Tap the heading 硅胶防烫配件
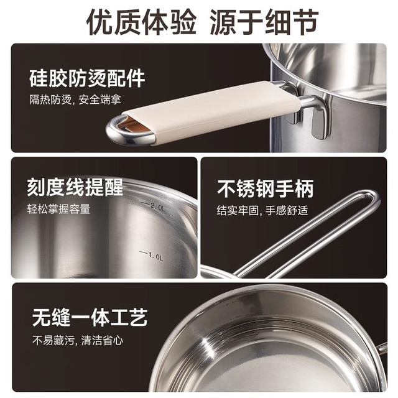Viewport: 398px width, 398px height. pyautogui.click(x=87, y=78)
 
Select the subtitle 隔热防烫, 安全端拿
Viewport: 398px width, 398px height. pyautogui.click(x=75, y=99)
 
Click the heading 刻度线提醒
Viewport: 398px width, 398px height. pyautogui.click(x=75, y=188)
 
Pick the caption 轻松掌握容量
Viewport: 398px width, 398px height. pyautogui.click(x=58, y=209)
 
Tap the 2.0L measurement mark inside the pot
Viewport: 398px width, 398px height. pyautogui.click(x=155, y=206)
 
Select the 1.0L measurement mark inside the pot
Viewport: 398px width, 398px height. pyautogui.click(x=151, y=256)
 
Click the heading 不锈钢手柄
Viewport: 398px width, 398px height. pyautogui.click(x=266, y=188)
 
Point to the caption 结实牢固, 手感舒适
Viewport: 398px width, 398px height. pyautogui.click(x=262, y=210)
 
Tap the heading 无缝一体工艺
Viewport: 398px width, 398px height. pyautogui.click(x=90, y=317)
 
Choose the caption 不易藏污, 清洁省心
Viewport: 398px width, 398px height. pyautogui.click(x=78, y=340)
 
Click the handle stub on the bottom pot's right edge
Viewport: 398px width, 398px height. pyautogui.click(x=382, y=347)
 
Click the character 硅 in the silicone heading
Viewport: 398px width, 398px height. pyautogui.click(x=39, y=78)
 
